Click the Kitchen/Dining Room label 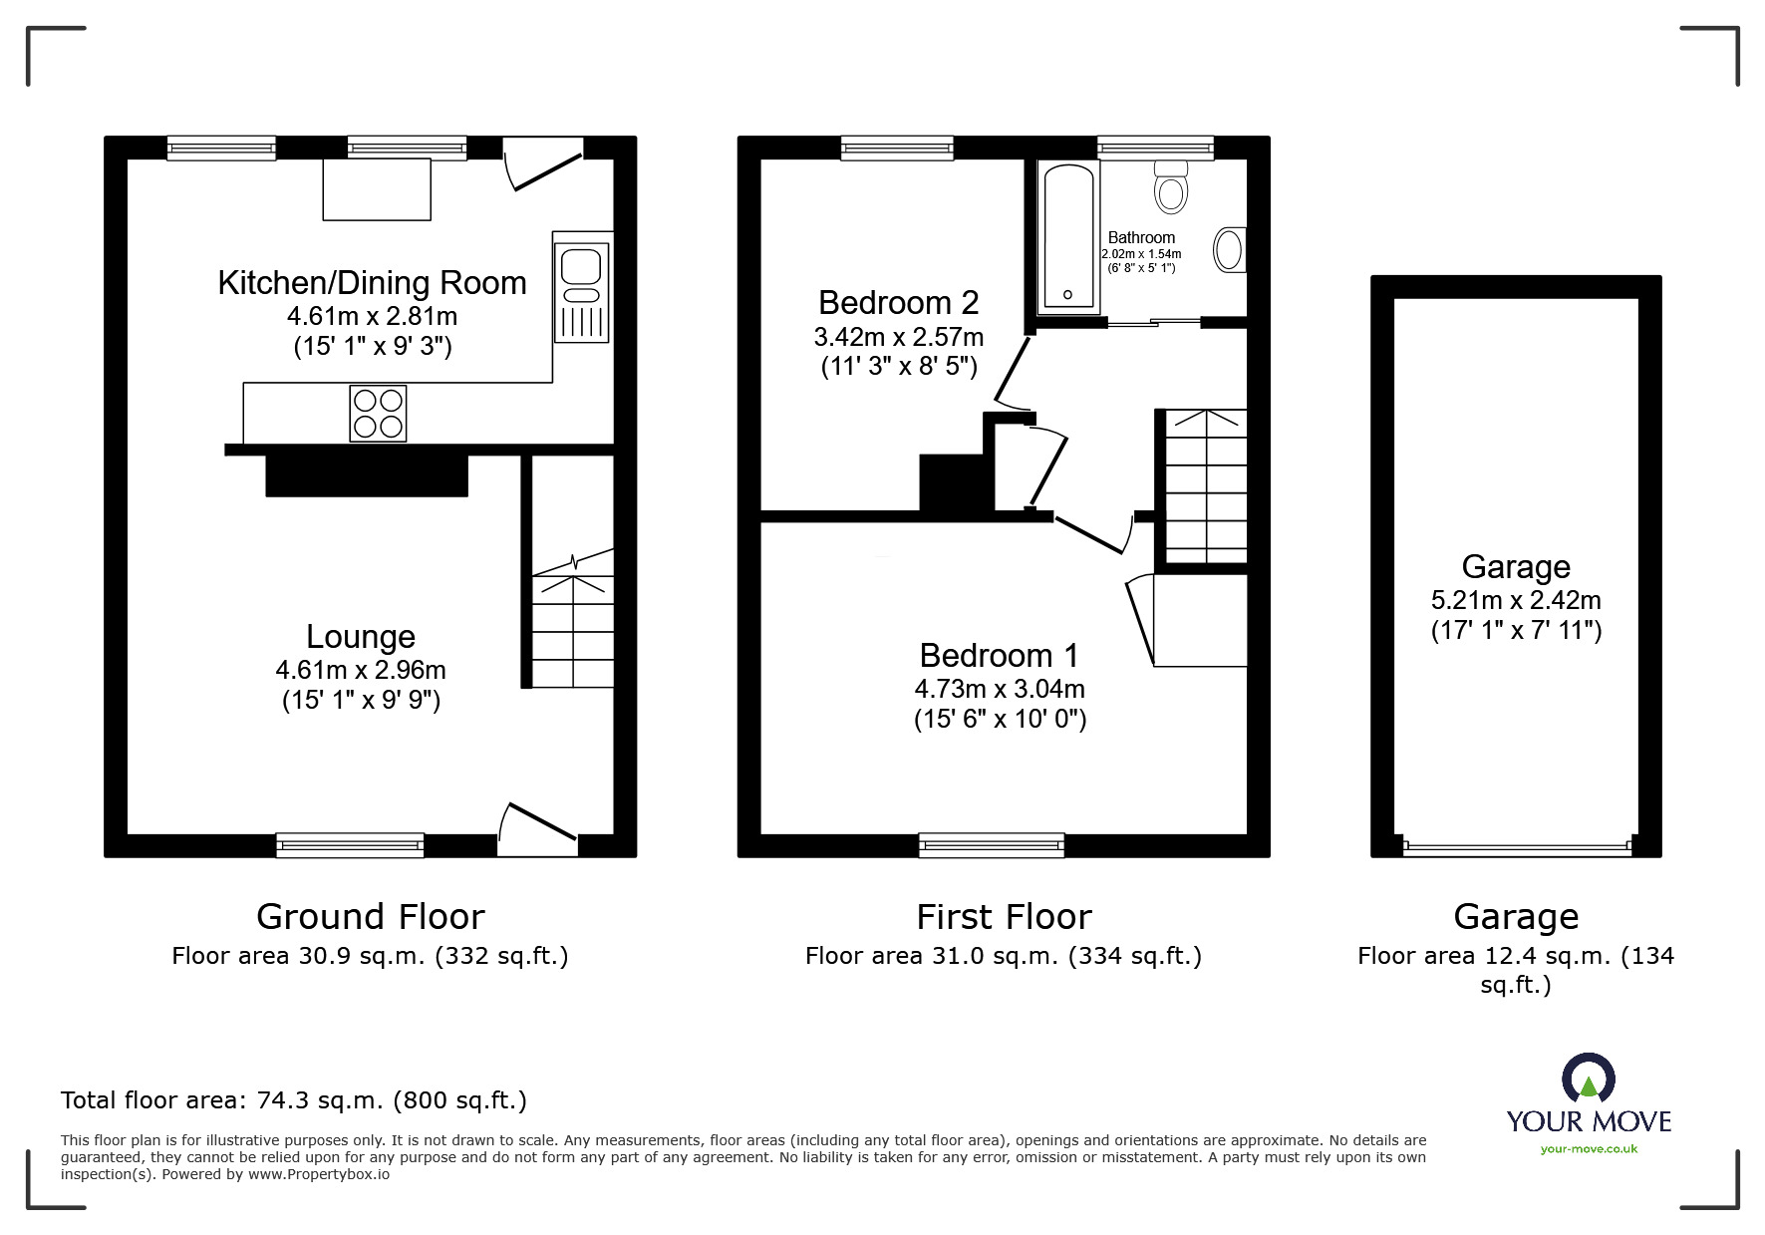[372, 283]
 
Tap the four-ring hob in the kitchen [378, 413]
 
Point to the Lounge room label [361, 636]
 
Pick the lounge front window [350, 845]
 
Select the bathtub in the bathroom [1067, 236]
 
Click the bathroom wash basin [1230, 249]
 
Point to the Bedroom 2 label [898, 302]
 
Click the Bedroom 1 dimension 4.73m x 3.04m [1000, 689]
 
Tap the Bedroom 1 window [992, 845]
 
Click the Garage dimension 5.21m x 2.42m [1516, 600]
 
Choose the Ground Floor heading [371, 916]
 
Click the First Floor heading [1004, 916]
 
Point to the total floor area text [294, 1100]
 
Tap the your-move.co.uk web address [1589, 1149]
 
